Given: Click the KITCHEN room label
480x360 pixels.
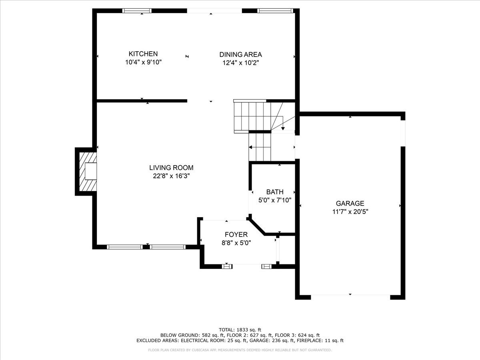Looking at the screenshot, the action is tap(143, 54).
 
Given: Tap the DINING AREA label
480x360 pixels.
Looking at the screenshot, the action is tap(240, 54).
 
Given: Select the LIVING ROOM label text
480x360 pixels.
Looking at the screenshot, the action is tap(171, 168).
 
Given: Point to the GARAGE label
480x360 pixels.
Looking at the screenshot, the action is tap(350, 203).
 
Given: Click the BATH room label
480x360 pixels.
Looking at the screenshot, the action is tap(275, 192).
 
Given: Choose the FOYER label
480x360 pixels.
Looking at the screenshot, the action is tap(236, 234).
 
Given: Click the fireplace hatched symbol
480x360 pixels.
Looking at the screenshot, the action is tap(88, 171).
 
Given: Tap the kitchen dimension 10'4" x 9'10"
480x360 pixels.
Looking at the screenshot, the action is tap(143, 62).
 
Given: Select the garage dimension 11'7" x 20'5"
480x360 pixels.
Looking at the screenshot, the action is tap(350, 212).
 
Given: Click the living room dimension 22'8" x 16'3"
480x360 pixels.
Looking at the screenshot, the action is tap(171, 176).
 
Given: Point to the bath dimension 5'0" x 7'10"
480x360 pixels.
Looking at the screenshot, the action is tap(275, 200).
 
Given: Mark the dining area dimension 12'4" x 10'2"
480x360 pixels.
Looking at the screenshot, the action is tap(240, 63).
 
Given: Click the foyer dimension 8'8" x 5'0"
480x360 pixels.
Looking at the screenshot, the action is tap(236, 243).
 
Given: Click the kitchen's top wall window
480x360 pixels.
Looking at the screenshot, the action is tap(137, 11).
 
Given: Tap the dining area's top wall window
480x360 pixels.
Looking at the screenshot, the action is tap(275, 11).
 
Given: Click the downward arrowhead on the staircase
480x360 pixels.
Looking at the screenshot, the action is tap(283, 128).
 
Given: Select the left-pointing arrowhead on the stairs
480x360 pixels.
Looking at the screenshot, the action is tap(251, 147).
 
